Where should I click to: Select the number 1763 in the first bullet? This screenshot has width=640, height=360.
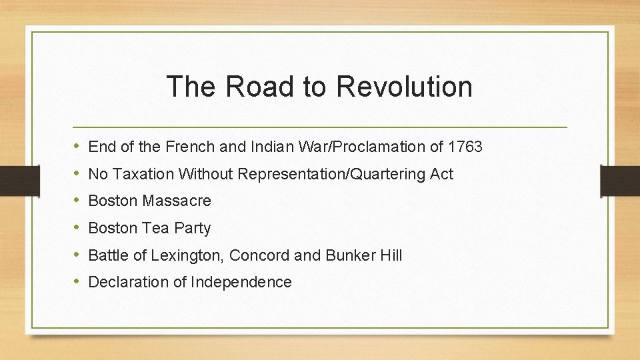(465, 146)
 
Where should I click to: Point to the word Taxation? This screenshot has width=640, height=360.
(141, 174)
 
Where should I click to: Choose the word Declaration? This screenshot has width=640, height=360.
(129, 282)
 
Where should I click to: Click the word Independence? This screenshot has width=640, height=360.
(241, 282)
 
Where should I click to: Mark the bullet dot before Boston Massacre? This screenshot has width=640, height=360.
(77, 201)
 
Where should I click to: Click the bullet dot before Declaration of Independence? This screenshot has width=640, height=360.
(77, 282)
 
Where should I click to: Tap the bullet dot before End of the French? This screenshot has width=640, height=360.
(77, 146)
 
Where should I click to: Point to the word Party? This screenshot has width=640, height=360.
(192, 228)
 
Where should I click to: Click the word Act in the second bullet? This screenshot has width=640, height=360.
(441, 174)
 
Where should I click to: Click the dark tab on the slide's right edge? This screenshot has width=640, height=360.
(620, 179)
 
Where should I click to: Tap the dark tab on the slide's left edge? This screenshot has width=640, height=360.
(12, 179)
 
